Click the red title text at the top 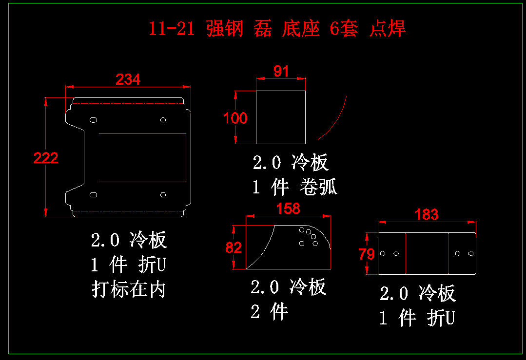click(277, 29)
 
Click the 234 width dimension click(128, 79)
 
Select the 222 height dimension click(46, 158)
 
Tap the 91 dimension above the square click(281, 72)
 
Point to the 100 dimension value click(235, 118)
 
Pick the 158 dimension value click(288, 208)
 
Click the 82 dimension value click(234, 248)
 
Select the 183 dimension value click(427, 214)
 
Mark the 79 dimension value click(367, 254)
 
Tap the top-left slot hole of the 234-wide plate click(93, 119)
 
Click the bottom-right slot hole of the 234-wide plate click(163, 195)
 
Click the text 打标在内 click(129, 289)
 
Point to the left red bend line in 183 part click(406, 253)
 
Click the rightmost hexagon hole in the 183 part click(470, 253)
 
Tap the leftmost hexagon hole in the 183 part click(383, 253)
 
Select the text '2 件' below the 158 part click(270, 311)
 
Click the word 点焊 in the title click(388, 29)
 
